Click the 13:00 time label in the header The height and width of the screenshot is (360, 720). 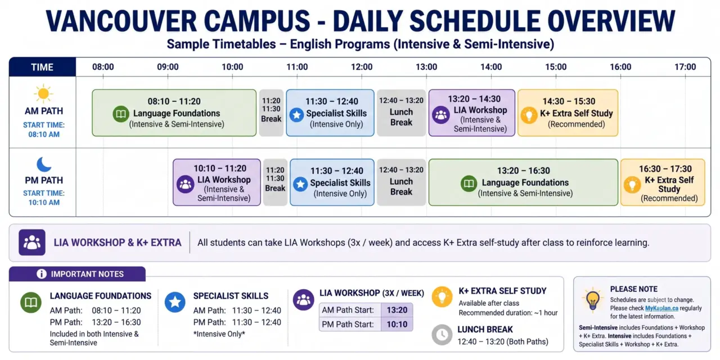point(426,67)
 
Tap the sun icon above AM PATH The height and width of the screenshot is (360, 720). point(43,93)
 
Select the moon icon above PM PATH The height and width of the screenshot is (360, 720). point(44,164)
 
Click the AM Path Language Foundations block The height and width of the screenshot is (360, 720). point(174,113)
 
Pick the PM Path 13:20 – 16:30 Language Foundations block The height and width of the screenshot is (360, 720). point(523,182)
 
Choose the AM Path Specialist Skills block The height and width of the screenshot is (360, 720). point(330,113)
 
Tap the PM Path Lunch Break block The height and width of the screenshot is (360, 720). point(401,182)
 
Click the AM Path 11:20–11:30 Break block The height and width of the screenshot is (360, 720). point(271,113)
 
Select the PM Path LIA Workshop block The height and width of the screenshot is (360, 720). point(217,182)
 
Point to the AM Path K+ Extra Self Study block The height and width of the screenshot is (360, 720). point(568,113)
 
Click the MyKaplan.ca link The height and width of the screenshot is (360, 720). point(661,308)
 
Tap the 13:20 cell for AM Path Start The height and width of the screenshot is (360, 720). point(397,310)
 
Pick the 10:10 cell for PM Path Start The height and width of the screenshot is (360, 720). point(397,324)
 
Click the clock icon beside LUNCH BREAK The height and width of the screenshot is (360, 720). point(442,335)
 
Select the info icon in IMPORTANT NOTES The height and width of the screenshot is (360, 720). point(42,274)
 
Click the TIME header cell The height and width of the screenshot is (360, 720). point(42,67)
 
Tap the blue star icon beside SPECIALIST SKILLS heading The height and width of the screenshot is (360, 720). point(175,302)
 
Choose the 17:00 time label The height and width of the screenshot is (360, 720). point(685,67)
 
